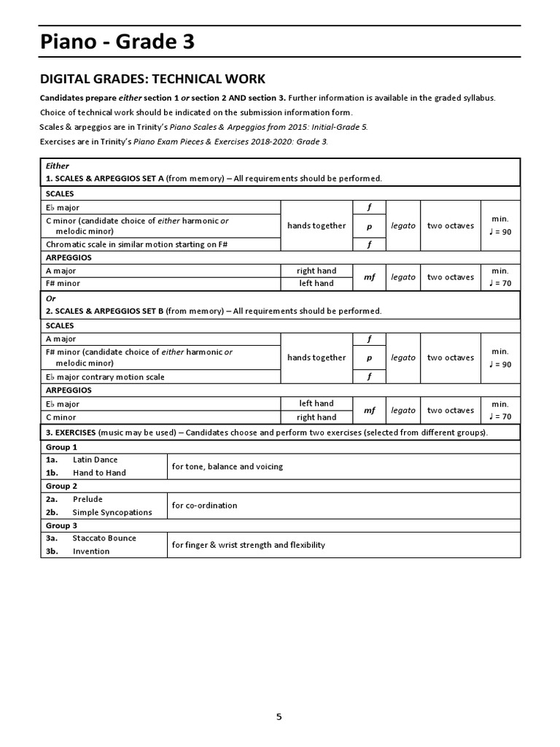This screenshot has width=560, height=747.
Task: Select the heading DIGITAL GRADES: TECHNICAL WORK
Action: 152,79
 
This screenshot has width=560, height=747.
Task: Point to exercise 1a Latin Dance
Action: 95,460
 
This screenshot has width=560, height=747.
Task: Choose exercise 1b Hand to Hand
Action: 99,473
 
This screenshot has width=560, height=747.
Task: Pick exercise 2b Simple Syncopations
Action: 112,512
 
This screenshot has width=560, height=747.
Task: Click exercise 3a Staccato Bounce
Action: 104,538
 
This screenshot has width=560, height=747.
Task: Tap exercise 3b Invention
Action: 91,551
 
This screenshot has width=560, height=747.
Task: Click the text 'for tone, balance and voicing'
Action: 227,466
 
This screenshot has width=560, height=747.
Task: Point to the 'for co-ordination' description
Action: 204,506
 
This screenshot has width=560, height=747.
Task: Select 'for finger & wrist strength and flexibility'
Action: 248,545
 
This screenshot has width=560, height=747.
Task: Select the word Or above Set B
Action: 51,298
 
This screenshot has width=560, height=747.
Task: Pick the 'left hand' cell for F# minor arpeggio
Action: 316,283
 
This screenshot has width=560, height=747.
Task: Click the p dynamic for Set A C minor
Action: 369,226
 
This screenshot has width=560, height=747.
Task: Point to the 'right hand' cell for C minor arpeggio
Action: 316,417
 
